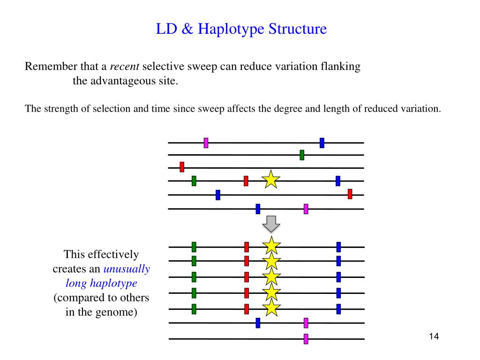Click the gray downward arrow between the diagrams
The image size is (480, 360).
[x=271, y=225]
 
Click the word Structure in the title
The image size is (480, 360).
[x=297, y=29]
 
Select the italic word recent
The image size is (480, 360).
[x=128, y=67]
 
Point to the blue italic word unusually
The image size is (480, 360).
[x=127, y=269]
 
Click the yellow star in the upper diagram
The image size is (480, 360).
[x=271, y=180]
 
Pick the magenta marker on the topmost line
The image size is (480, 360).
[x=206, y=143]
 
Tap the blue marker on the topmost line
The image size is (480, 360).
[x=322, y=143]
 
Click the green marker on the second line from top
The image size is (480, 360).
[x=302, y=155]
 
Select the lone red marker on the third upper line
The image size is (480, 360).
[x=182, y=167]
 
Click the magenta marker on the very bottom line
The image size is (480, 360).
[x=306, y=338]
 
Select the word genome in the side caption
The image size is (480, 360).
[x=121, y=312]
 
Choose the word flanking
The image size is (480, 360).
[x=341, y=67]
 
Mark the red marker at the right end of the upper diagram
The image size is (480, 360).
[x=350, y=194]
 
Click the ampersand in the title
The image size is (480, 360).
[x=187, y=29]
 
